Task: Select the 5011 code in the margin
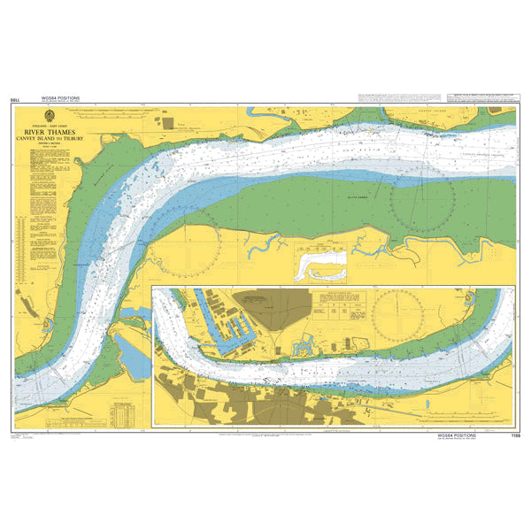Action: point(15,102)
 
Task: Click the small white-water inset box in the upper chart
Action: point(319,263)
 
